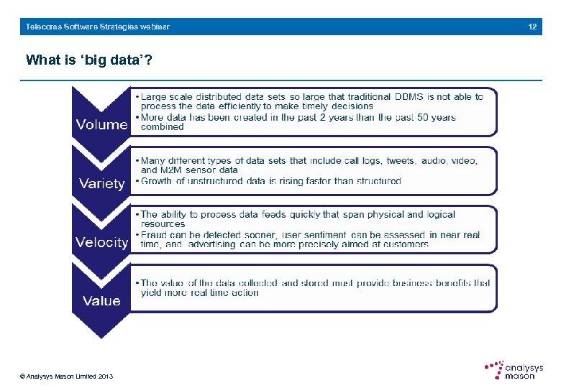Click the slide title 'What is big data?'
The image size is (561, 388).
pos(88,60)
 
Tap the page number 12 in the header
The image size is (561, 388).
pos(532,27)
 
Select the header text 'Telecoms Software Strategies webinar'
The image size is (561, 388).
pos(98,27)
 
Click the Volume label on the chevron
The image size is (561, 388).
pos(101,124)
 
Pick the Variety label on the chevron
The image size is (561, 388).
pos(101,183)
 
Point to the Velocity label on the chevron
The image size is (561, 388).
pos(101,242)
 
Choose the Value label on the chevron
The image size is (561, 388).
pos(101,300)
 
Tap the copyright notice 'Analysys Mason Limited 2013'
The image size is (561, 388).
pos(67,377)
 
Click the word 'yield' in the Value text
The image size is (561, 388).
pos(152,292)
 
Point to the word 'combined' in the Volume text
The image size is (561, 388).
pos(163,127)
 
